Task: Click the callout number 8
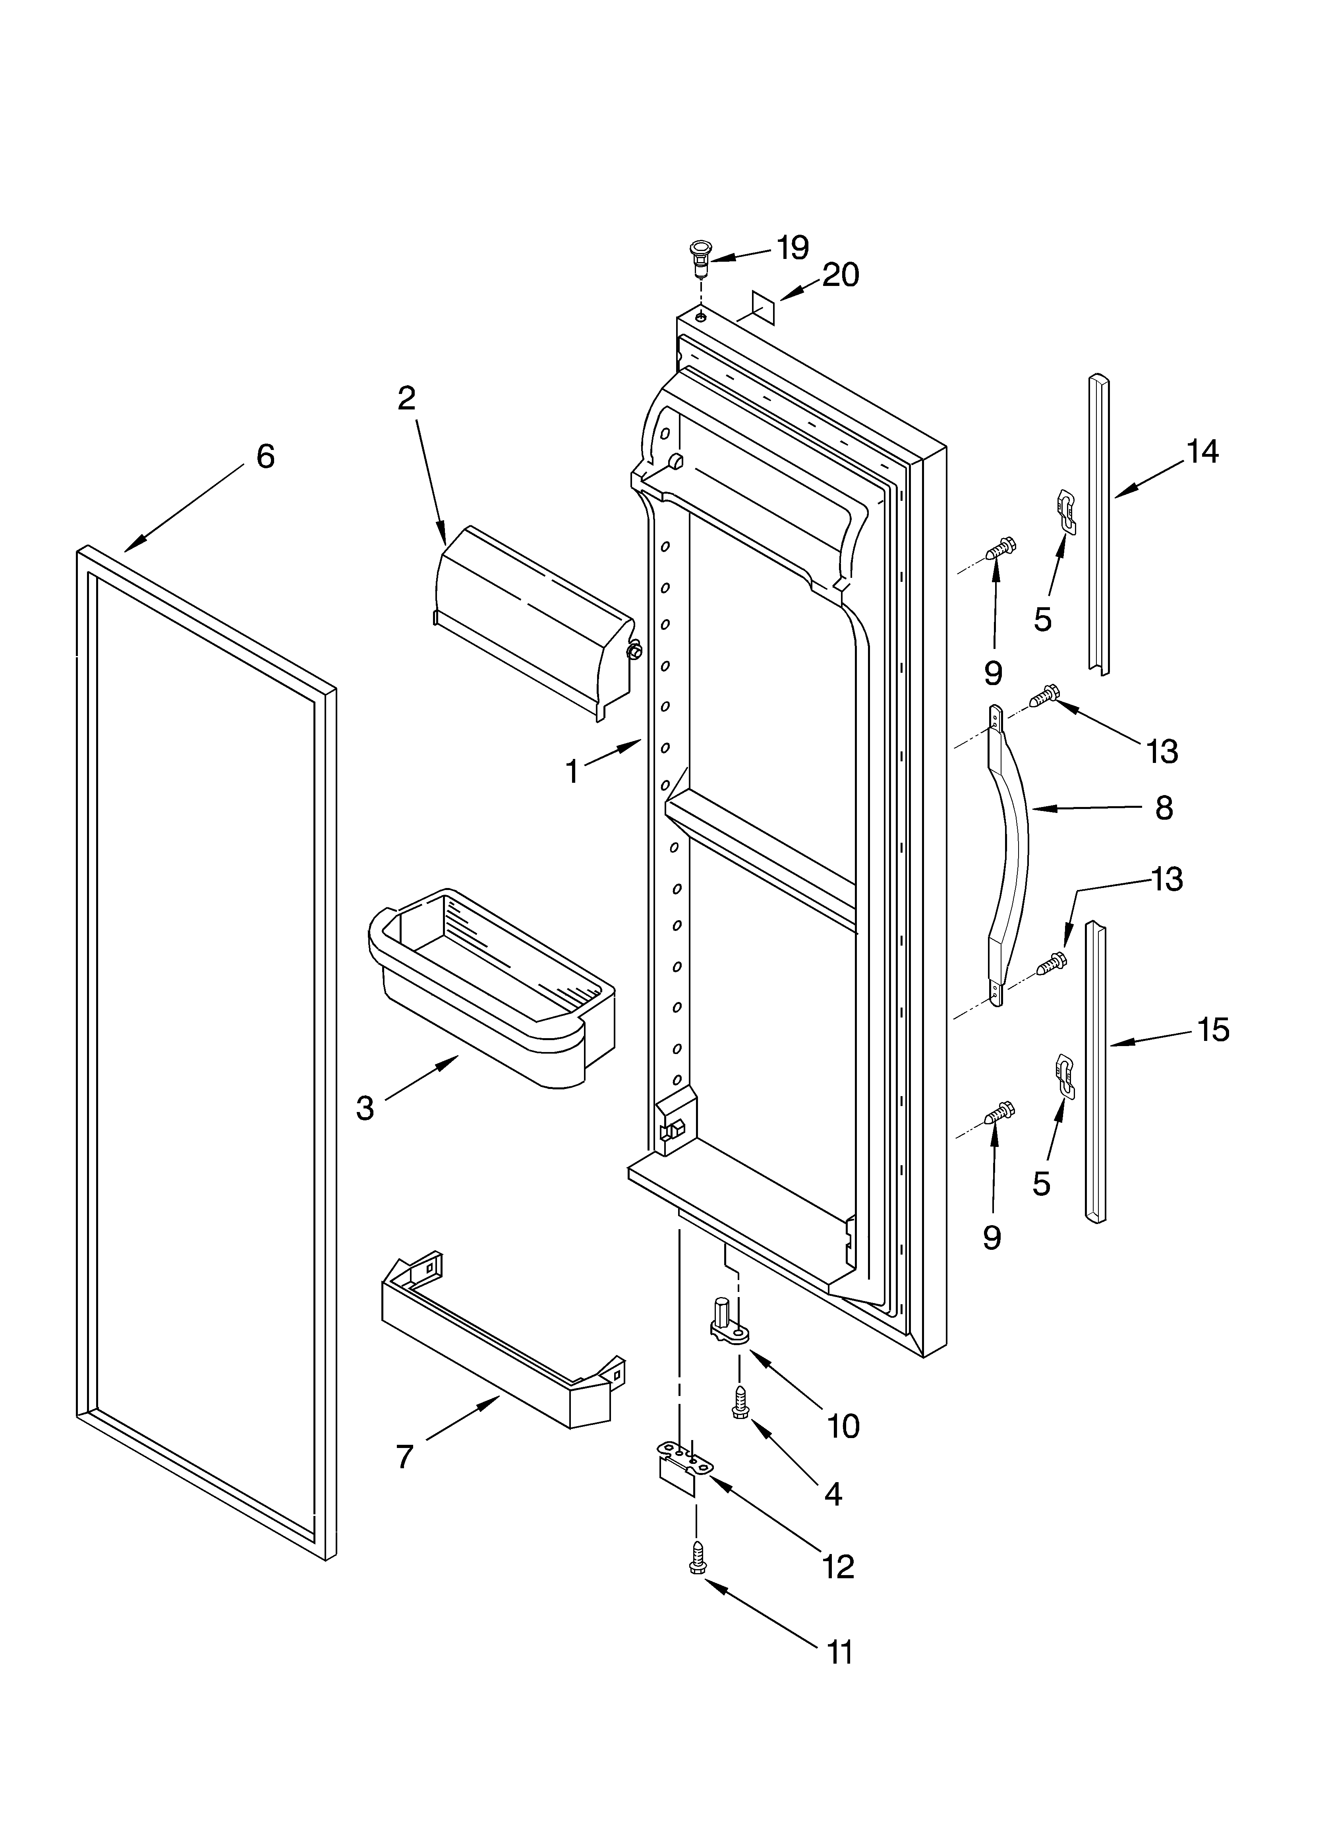1164,807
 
